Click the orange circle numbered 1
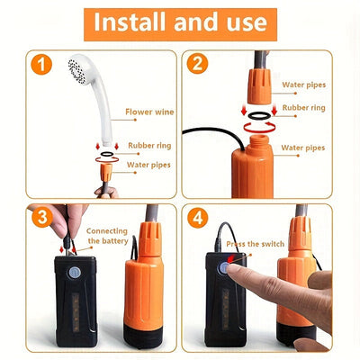pos(41,65)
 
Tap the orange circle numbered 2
pos(197,64)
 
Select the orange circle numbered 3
pos(42,217)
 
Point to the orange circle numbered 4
pos(198,218)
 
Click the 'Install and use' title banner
pos(180,24)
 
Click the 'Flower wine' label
pos(149,112)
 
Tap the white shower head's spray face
pos(77,71)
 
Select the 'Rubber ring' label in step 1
pos(149,146)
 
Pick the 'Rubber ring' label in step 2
pos(304,108)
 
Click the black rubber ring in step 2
pos(259,116)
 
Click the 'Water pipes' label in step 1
pos(148,165)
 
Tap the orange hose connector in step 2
pos(259,86)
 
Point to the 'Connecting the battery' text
pos(107,236)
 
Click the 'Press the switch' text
pos(256,244)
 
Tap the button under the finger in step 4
pos(223,267)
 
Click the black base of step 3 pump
pos(143,336)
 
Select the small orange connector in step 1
pos(106,173)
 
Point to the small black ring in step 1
pos(107,154)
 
